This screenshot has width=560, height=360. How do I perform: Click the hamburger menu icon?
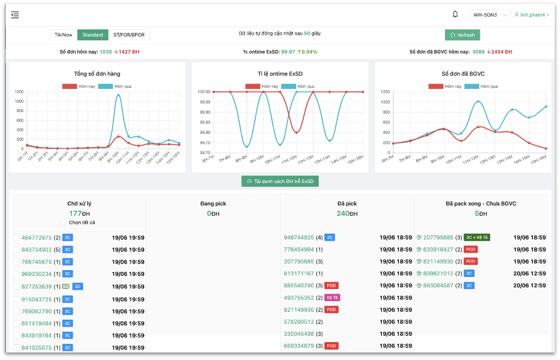tap(15, 15)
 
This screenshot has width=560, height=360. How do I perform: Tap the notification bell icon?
tap(455, 14)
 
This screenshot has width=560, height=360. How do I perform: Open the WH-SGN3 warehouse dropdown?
tap(489, 15)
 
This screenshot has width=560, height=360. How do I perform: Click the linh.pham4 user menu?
tap(532, 15)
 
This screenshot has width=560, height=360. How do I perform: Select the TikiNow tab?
tap(64, 35)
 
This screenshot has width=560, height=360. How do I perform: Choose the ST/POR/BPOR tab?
tap(129, 35)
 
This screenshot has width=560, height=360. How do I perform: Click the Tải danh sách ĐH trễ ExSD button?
tap(280, 181)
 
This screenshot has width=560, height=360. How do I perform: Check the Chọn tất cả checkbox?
tap(64, 223)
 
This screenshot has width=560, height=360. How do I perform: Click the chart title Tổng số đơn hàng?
tap(97, 74)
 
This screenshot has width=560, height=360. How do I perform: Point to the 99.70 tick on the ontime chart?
tap(205, 153)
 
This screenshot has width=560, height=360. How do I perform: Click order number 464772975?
tap(36, 238)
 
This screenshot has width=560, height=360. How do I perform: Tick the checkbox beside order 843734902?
tap(17, 250)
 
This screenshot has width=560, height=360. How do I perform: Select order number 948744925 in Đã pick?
tap(299, 237)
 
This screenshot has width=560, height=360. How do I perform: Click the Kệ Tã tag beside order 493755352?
tap(332, 298)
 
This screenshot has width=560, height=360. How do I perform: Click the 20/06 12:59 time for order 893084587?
tap(529, 286)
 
